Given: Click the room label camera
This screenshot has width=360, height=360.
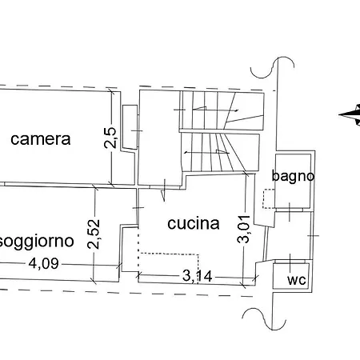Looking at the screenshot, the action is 41,139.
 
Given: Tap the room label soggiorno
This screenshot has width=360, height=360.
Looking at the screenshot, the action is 37,242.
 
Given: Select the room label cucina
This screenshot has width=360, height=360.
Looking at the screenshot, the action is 194,223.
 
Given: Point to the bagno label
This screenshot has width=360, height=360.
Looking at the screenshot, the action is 293,177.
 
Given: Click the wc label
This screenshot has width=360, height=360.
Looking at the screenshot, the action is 297,280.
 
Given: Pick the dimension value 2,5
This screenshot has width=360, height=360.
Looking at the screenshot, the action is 110,138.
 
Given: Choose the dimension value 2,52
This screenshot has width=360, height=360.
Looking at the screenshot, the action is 94,234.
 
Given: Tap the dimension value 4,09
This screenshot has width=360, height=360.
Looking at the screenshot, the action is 44,264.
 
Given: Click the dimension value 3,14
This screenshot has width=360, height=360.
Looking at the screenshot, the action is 198,276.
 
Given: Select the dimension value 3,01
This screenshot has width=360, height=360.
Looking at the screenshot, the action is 244,229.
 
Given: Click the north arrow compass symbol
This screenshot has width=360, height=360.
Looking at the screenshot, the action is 350,114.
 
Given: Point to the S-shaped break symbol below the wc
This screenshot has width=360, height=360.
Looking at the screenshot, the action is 264,319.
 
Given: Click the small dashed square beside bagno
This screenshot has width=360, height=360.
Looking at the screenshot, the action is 269,198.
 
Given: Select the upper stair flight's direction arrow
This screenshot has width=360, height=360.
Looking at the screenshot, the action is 215,110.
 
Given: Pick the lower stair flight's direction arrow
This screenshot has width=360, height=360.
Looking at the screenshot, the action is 207,152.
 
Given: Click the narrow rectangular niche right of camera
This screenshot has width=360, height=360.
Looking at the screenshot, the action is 130,127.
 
